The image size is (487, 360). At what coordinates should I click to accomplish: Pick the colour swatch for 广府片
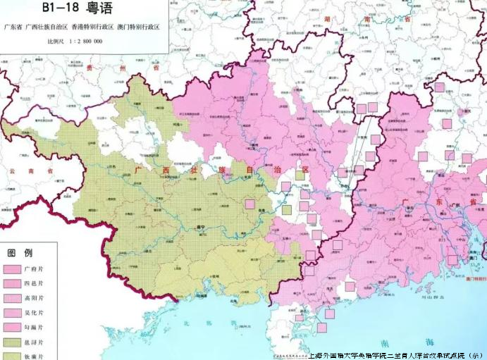pos(12,270)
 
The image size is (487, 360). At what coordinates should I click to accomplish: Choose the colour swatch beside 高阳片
pos(12,298)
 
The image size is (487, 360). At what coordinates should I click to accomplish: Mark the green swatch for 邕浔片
pos(12,342)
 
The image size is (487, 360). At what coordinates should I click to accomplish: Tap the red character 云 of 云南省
pos(11,171)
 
